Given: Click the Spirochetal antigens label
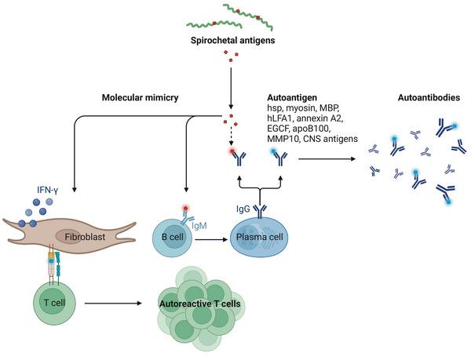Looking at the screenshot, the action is point(232,40).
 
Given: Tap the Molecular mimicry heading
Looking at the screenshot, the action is point(140,97).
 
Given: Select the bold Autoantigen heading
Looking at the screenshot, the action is point(292,97).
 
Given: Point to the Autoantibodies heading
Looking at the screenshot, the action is point(429,97).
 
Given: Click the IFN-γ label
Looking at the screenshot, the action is point(47,190).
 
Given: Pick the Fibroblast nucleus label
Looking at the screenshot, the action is point(85,237).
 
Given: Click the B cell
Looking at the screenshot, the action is point(173,237).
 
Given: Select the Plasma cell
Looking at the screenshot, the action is point(260,237).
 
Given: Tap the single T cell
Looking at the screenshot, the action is point(54,302).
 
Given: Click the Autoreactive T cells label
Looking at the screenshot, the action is point(199,304).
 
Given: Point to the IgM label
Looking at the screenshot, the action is point(199,226).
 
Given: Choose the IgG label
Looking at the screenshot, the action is point(243,209).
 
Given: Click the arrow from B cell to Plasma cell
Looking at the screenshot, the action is point(211,239).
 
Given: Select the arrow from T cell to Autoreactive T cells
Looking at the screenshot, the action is point(113,304).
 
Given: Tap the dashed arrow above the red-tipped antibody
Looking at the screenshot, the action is point(231,137).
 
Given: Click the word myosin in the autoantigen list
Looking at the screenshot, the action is point(301,107).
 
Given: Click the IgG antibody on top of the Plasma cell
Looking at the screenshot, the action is point(260,211).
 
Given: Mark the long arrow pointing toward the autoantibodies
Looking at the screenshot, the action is point(327,159).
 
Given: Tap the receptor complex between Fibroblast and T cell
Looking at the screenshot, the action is point(54,264).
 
